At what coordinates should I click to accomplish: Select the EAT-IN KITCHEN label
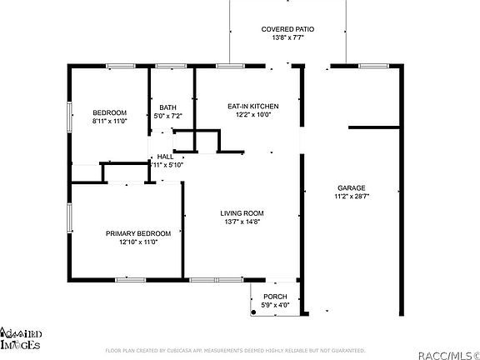point(252,107)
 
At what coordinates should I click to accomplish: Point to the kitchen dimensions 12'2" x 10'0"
point(252,116)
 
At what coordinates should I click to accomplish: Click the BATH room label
point(168,107)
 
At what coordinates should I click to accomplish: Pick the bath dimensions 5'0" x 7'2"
point(168,117)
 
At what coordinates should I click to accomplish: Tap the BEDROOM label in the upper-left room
point(109,112)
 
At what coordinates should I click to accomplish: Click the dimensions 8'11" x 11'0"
point(109,122)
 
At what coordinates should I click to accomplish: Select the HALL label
point(165,156)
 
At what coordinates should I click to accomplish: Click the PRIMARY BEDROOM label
point(138,233)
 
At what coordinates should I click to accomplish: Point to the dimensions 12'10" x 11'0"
point(138,242)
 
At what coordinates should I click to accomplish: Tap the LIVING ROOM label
point(242,213)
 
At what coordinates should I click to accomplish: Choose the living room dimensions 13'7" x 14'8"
point(242,222)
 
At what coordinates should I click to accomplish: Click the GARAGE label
point(351,187)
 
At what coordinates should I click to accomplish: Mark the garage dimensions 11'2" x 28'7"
point(351,197)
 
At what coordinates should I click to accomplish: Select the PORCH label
point(275,297)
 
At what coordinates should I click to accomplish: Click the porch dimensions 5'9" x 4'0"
point(275,306)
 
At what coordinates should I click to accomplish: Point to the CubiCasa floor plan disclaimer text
point(235,351)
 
